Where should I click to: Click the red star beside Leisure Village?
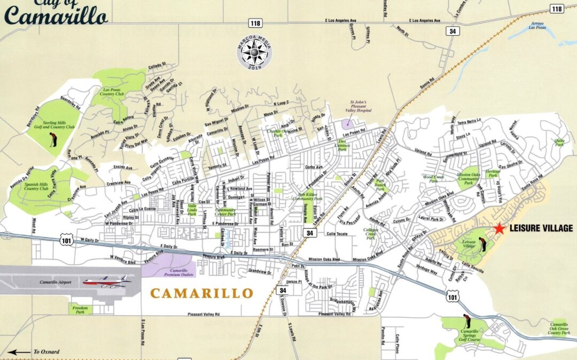tap(499, 228)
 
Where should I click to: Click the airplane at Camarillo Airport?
tap(105, 281)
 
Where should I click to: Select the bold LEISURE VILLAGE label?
tap(541, 229)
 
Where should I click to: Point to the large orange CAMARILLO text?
tap(201, 293)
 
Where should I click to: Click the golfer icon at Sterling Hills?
tap(52, 140)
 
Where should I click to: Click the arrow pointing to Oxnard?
tap(19, 352)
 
